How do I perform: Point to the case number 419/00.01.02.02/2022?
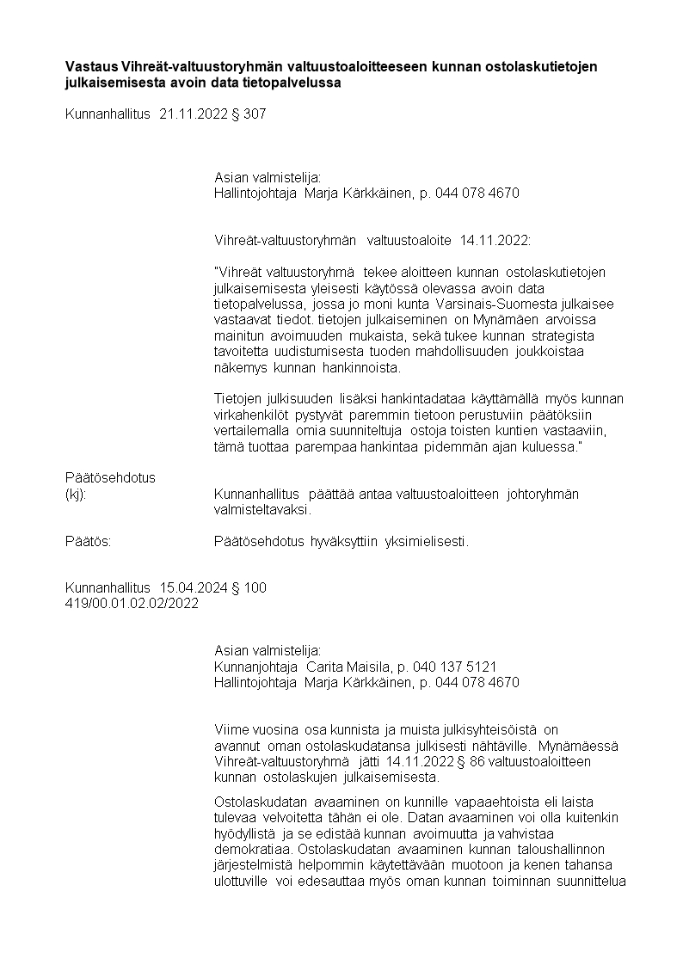[132, 603]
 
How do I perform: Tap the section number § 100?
[249, 588]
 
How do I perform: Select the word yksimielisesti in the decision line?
[428, 542]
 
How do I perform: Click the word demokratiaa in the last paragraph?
[249, 848]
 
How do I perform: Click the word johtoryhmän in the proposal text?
[544, 494]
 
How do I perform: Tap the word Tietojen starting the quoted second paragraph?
[236, 397]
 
